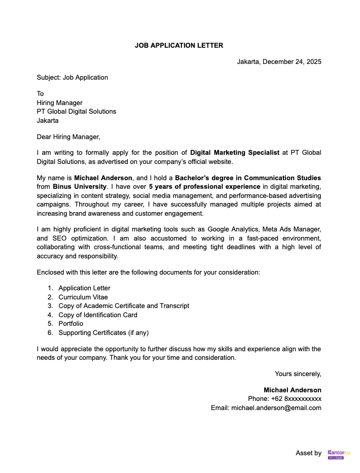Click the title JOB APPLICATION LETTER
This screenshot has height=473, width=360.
(178, 45)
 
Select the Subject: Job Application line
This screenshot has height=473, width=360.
(72, 78)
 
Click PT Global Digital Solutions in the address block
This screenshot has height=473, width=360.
(76, 111)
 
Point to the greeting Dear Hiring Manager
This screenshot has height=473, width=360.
(68, 137)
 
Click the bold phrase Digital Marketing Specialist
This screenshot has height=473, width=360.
(235, 153)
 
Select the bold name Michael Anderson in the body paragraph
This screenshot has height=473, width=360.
(103, 178)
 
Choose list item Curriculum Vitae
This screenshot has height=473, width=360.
(83, 297)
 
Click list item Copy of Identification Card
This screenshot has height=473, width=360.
(97, 315)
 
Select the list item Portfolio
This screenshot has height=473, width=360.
(70, 324)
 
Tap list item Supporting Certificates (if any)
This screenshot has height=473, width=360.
(103, 333)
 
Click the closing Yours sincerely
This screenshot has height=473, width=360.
(298, 374)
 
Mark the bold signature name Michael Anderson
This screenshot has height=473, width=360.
(292, 390)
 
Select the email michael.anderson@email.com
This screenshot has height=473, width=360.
(276, 408)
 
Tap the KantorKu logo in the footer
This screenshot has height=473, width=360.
(339, 454)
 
